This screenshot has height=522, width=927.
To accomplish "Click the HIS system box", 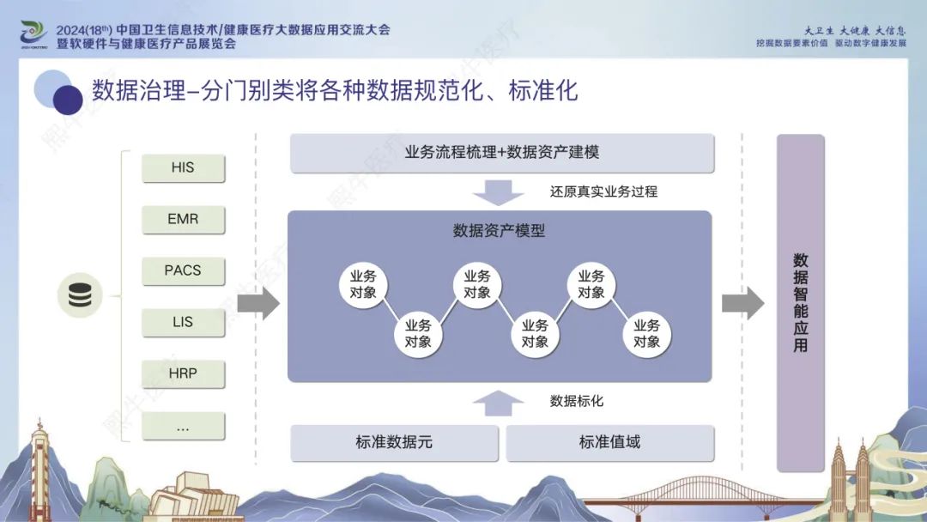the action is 184,168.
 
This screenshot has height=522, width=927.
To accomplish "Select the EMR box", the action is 184,219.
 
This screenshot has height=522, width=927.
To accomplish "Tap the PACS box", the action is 184,270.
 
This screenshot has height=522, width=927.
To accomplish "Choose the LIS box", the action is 184,322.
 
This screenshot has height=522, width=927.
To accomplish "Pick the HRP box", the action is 184,373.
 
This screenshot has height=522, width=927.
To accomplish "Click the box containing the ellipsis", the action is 184,426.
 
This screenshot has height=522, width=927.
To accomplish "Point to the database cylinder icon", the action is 80,295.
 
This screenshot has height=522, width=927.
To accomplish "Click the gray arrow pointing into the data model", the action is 258,303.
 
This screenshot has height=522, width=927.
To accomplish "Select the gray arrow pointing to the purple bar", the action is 743,303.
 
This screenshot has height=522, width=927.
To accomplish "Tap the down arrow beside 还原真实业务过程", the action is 498,192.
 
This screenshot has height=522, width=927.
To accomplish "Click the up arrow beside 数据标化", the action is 498,404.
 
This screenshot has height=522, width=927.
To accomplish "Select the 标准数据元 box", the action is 394,442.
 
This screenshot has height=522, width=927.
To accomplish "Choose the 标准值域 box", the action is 610,442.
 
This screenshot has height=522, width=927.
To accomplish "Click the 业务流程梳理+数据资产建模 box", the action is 502,153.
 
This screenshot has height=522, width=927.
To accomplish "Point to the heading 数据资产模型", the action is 499,231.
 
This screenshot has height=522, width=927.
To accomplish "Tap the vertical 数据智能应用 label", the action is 801,303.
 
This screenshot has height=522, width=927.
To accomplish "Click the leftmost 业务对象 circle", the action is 363,284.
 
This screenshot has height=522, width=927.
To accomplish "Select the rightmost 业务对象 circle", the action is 647,334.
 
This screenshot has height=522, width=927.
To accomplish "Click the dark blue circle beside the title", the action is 68,100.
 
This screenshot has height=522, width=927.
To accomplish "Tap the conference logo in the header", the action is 33,33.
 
